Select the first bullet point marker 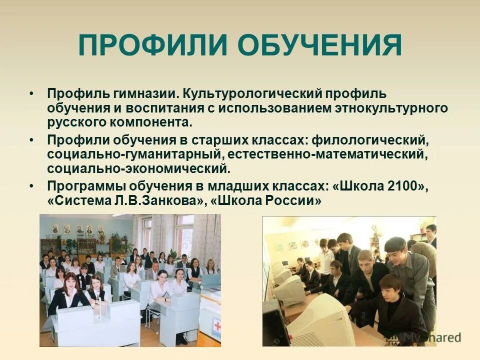(x=32, y=94)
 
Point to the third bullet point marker (x=32, y=186)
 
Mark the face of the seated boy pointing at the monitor (x=389, y=286)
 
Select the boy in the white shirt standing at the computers (x=325, y=255)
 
